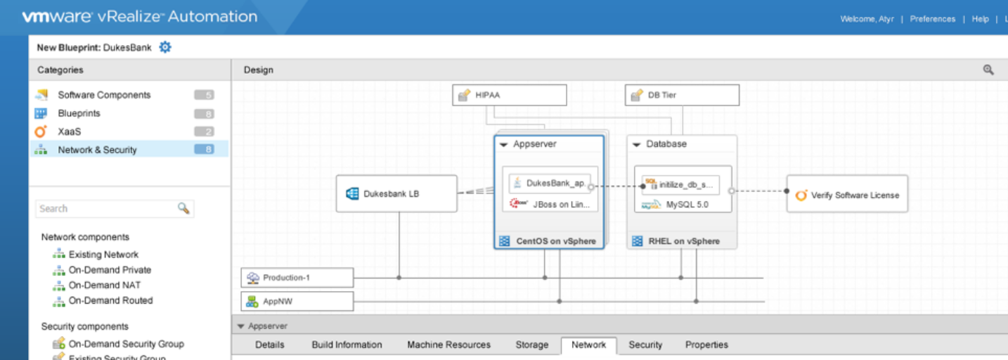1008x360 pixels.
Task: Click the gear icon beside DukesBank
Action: point(165,48)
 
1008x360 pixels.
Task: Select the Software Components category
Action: point(104,95)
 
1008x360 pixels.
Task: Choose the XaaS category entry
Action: point(69,131)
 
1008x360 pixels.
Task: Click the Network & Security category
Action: point(97,150)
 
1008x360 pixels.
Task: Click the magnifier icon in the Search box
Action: point(183,208)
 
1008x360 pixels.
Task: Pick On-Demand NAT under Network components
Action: point(104,285)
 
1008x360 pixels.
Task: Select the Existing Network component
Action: point(103,255)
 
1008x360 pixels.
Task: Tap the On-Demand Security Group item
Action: point(126,344)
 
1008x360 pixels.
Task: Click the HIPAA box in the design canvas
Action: point(509,95)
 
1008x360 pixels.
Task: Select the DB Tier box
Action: point(681,95)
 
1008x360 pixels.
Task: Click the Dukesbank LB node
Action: point(396,193)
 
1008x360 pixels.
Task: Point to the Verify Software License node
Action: point(847,195)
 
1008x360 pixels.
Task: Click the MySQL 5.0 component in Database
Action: point(683,205)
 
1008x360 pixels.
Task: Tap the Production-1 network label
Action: point(297,278)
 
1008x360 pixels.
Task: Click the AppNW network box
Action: point(297,302)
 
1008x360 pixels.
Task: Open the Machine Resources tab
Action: point(448,345)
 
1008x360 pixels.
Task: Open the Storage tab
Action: point(531,345)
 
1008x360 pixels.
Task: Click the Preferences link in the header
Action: point(932,19)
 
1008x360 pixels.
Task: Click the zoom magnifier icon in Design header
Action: point(988,70)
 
